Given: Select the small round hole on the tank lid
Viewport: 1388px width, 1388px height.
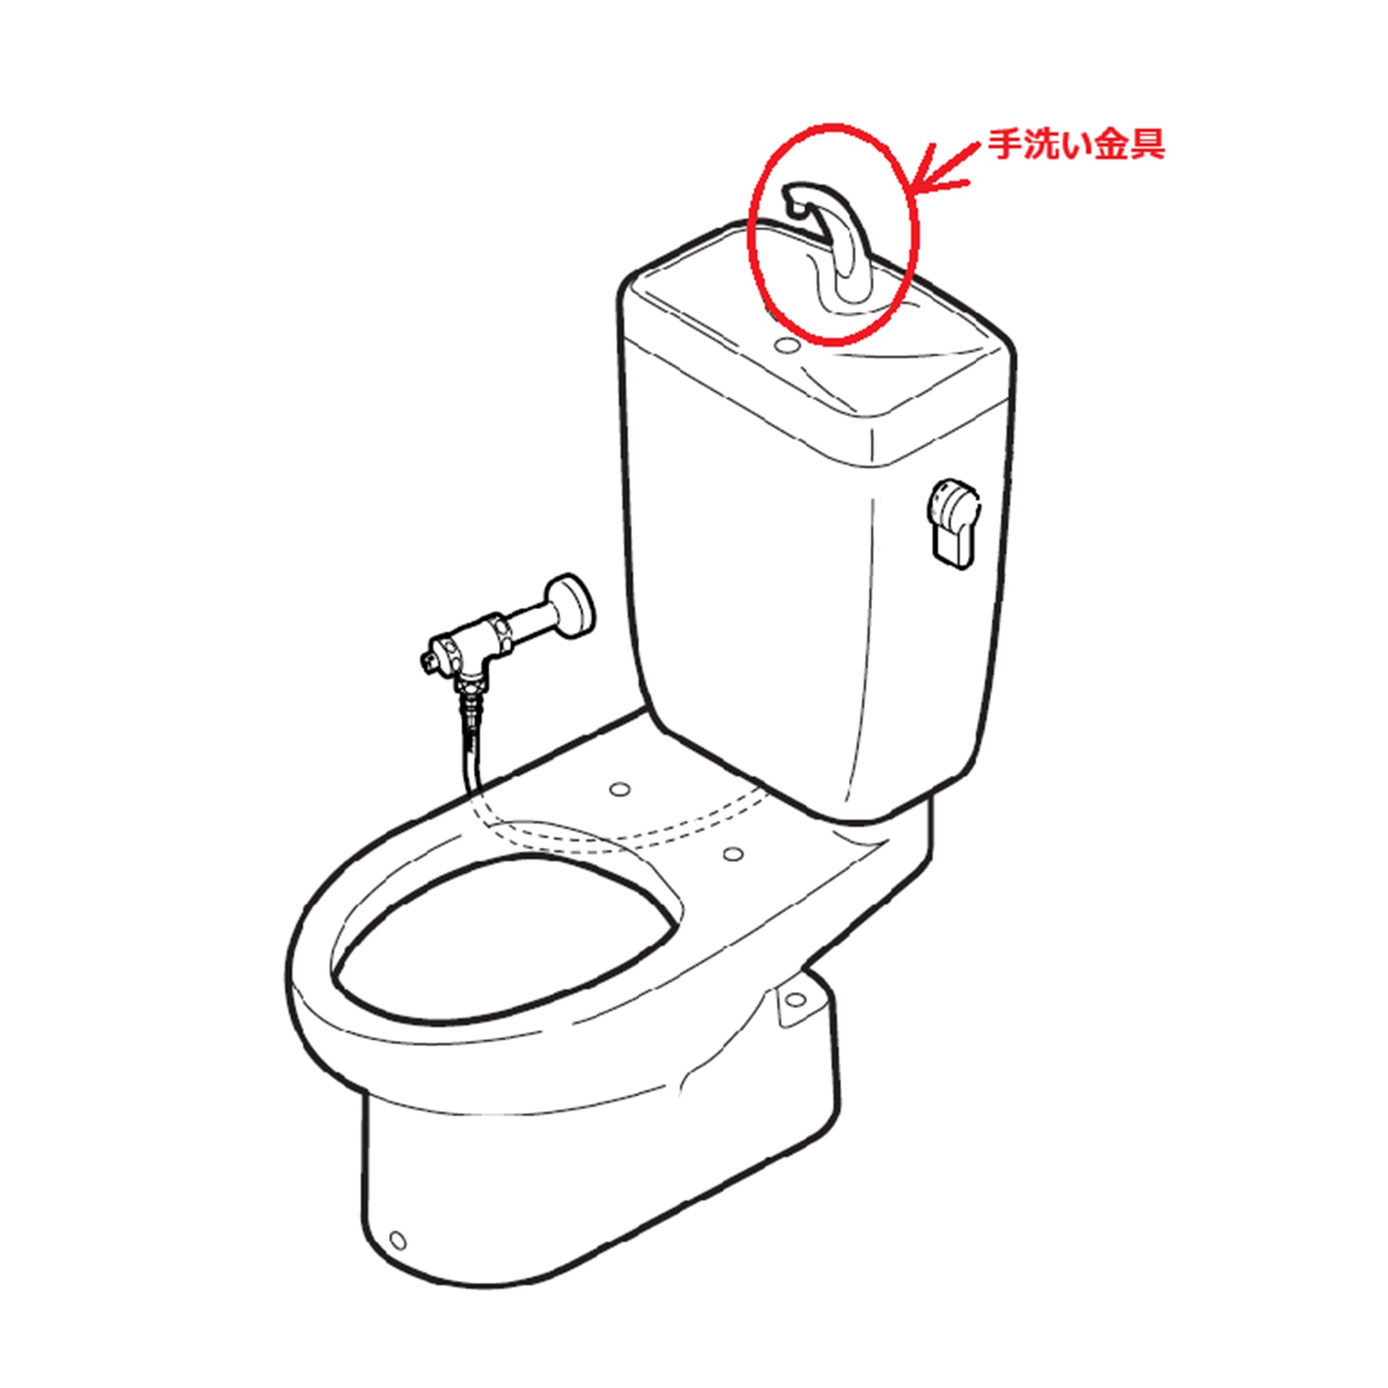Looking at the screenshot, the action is point(788,345).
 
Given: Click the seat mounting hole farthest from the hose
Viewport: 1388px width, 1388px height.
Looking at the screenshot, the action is point(733,854).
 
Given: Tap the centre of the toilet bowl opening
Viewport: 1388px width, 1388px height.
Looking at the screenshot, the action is point(503,941).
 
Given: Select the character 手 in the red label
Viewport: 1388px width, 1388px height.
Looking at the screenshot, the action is point(1004,144).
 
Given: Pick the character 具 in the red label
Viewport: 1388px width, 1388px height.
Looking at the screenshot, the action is point(1147,144).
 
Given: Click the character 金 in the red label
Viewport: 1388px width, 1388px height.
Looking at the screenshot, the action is point(1111,144).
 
